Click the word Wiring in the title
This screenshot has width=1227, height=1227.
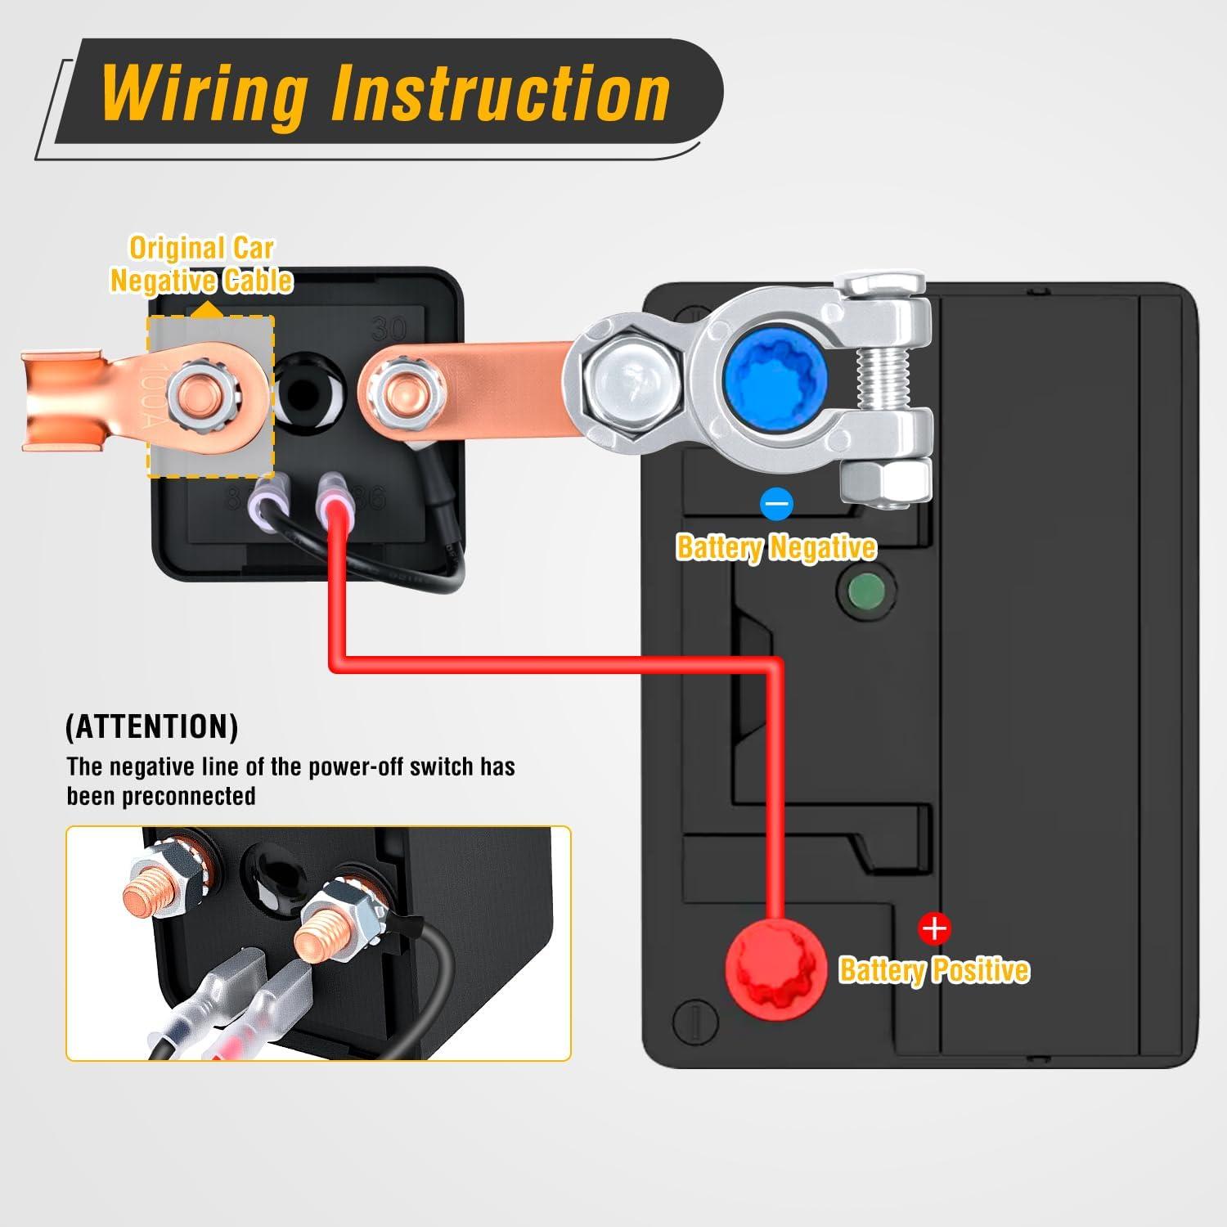click(204, 94)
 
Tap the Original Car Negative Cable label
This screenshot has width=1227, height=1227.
click(201, 264)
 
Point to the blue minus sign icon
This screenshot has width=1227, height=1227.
click(776, 504)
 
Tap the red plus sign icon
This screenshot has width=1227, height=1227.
click(933, 929)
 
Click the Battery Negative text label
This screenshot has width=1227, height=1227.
click(775, 546)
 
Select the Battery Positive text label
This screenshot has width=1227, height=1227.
click(933, 969)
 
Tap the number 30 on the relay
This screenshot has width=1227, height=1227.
click(389, 329)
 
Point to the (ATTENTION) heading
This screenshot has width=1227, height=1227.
click(151, 726)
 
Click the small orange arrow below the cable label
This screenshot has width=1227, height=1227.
click(209, 309)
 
